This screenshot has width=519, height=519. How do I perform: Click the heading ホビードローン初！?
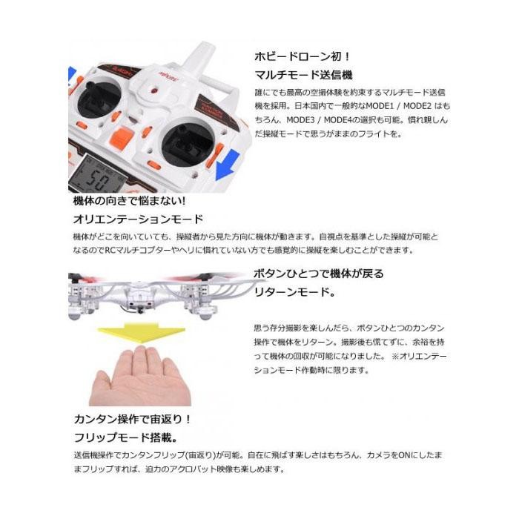pyautogui.click(x=291, y=56)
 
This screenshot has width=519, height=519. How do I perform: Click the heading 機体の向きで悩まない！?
pyautogui.click(x=128, y=202)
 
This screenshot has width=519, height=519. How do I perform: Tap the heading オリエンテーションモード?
pyautogui.click(x=138, y=219)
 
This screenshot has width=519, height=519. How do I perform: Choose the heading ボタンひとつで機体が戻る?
pyautogui.click(x=319, y=274)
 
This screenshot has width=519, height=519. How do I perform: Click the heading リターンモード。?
pyautogui.click(x=294, y=293)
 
